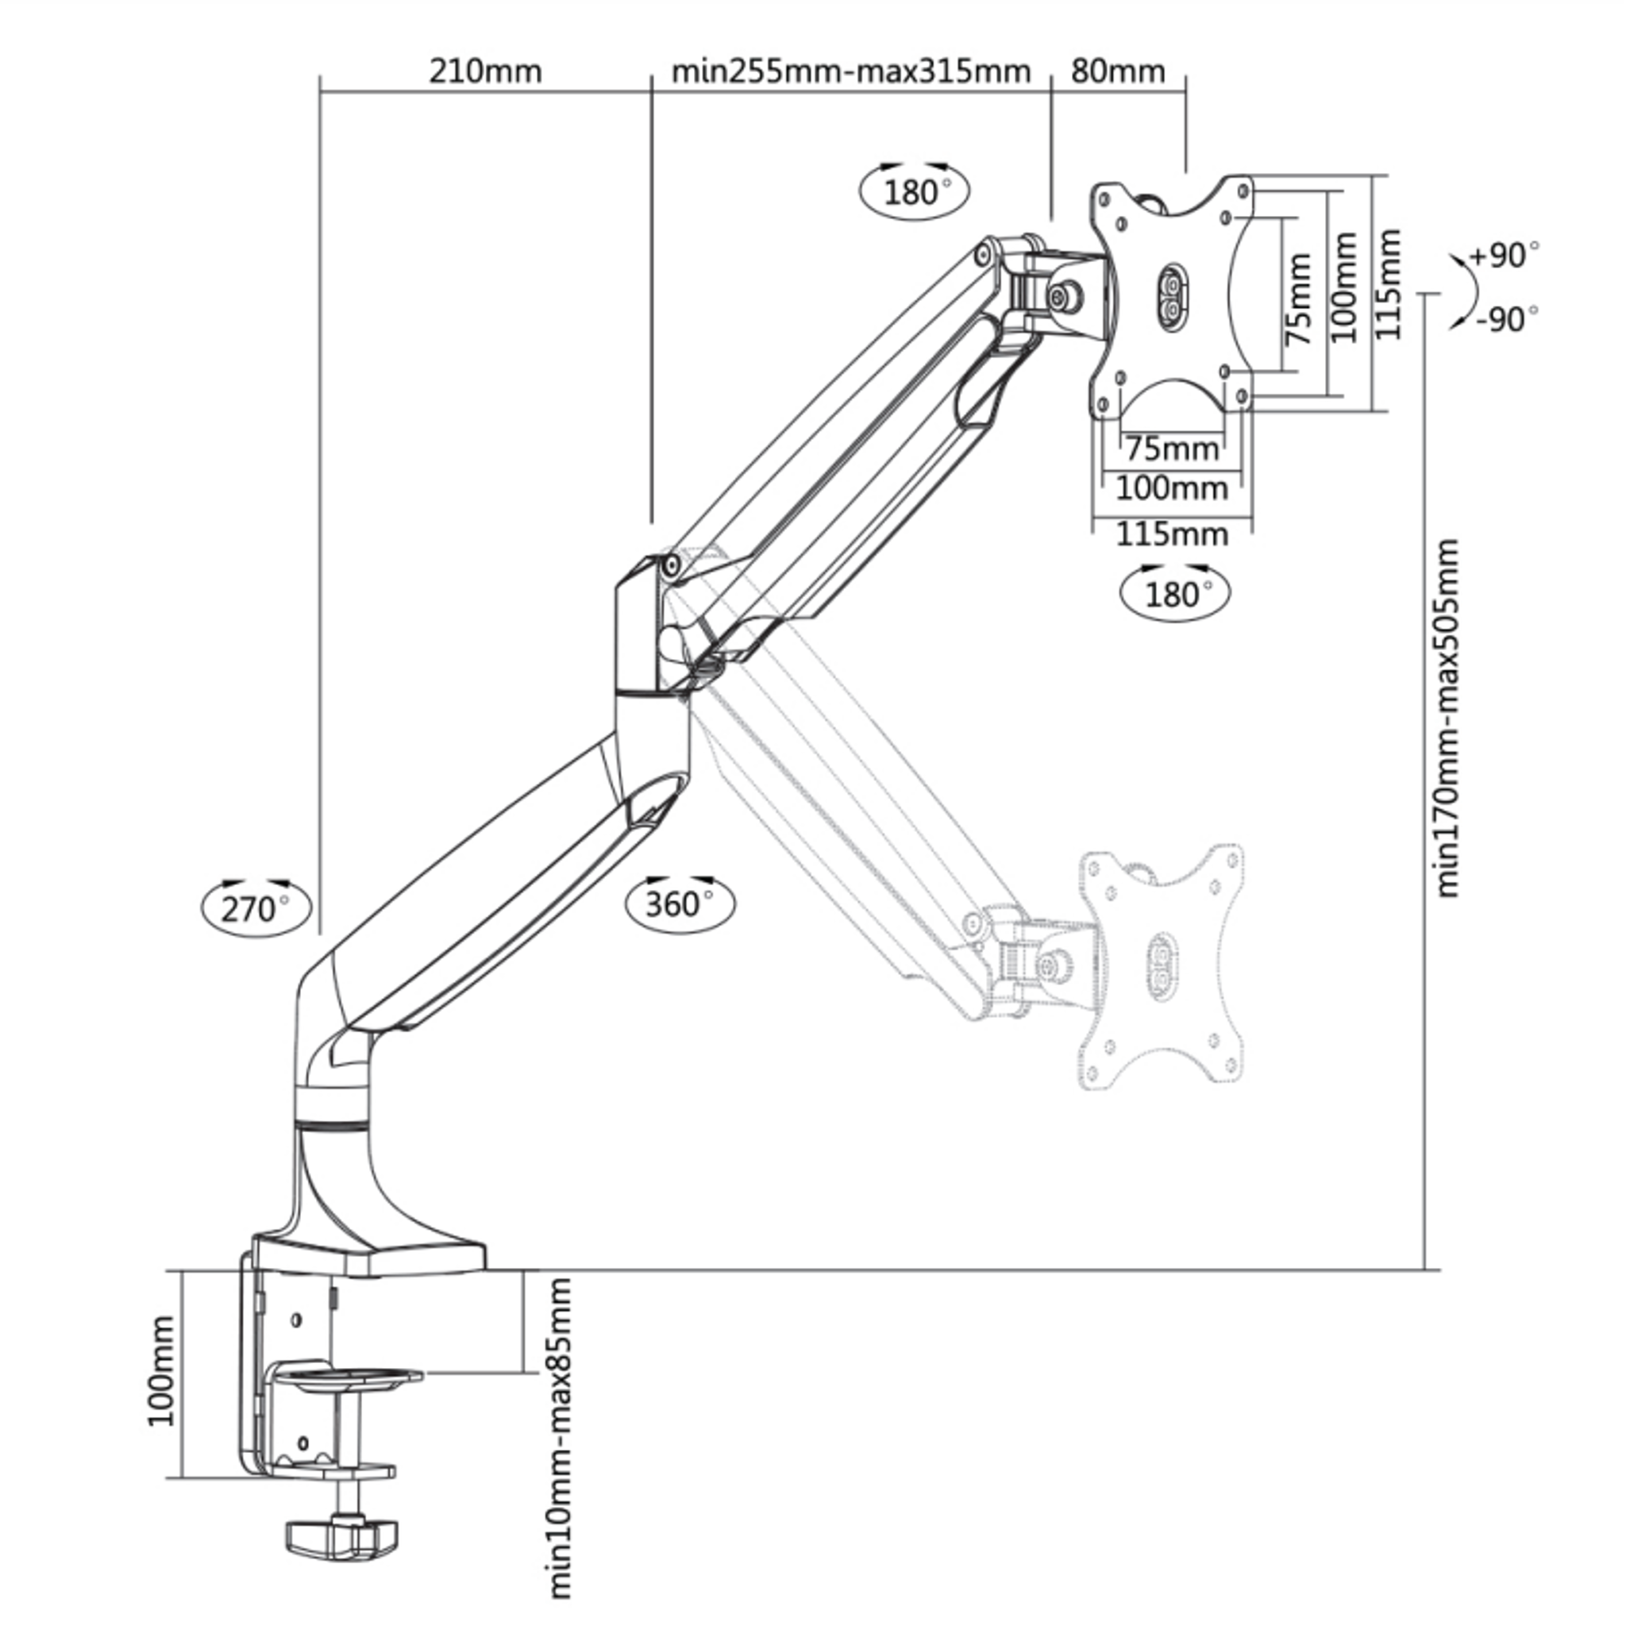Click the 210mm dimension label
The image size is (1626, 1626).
485,71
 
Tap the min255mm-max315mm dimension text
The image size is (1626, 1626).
850,71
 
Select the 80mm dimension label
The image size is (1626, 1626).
1118,71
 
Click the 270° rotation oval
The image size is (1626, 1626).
256,908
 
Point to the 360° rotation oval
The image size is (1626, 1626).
680,904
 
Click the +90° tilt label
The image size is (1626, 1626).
1504,254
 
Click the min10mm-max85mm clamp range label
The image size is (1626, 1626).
560,1439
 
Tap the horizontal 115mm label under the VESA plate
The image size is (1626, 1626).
1172,534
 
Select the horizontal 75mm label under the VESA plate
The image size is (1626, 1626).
1173,449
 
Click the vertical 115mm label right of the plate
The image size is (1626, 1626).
1389,284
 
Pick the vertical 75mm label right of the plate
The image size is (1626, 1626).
1300,299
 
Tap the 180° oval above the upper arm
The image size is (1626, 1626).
914,192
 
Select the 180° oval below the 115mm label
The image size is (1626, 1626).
1175,594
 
